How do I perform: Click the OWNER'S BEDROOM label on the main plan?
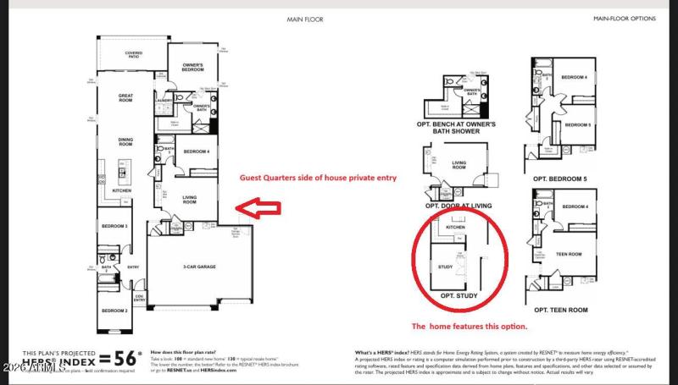coord(192,68)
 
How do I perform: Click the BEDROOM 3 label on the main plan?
coord(114,227)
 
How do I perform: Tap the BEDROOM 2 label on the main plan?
coord(114,311)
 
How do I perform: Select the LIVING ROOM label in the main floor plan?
coord(190,201)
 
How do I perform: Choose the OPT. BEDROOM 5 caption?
coord(560,179)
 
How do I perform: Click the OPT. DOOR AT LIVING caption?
coord(458,206)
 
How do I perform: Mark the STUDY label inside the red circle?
coord(445,267)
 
